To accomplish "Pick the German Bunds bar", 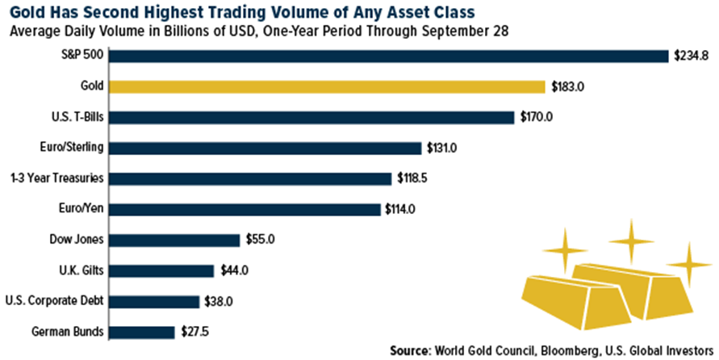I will click(x=142, y=332).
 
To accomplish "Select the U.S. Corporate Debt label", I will click(x=54, y=301).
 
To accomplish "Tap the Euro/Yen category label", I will click(x=81, y=209).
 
